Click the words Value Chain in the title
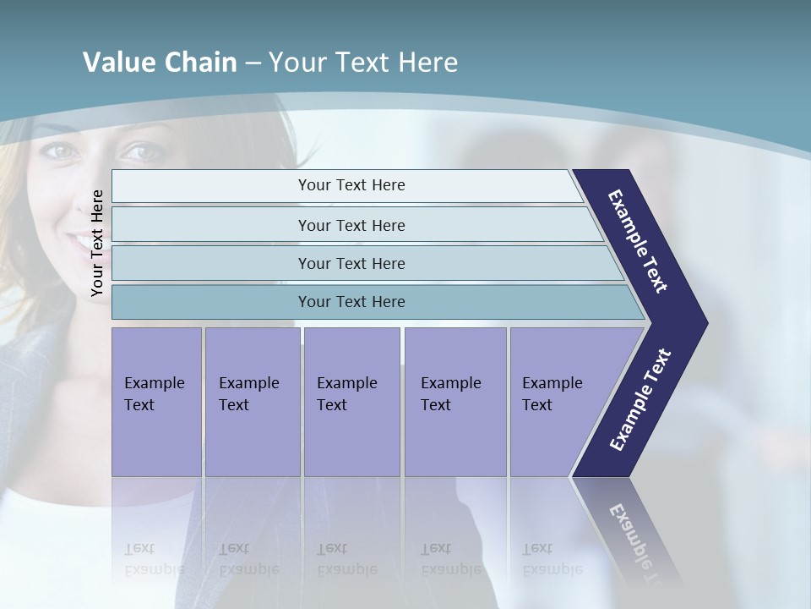click(x=160, y=62)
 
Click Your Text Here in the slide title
click(x=363, y=62)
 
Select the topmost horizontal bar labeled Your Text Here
click(x=351, y=185)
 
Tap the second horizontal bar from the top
click(x=351, y=225)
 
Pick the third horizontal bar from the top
click(x=351, y=263)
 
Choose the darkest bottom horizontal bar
click(x=351, y=302)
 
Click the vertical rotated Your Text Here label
click(x=97, y=243)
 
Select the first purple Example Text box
click(x=156, y=401)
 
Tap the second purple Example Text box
click(x=252, y=401)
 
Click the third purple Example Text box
click(x=351, y=401)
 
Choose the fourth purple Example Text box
click(x=454, y=401)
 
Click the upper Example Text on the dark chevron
click(x=638, y=241)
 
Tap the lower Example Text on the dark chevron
click(x=640, y=400)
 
